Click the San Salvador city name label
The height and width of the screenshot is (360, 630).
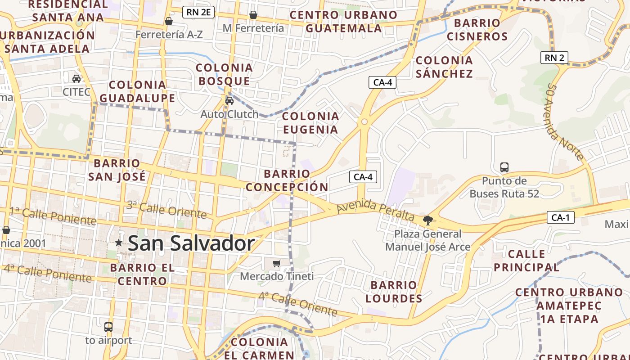click(x=191, y=243)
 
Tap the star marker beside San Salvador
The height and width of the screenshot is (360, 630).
click(x=119, y=243)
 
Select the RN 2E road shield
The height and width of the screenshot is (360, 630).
click(x=198, y=12)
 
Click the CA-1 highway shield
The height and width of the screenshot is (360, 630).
click(x=561, y=218)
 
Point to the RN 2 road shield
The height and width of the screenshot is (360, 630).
click(x=554, y=58)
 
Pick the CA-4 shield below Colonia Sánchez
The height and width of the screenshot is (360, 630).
click(x=382, y=82)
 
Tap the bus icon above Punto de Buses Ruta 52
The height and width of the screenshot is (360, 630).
click(x=504, y=167)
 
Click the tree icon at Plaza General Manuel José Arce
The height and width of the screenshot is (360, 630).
click(x=427, y=220)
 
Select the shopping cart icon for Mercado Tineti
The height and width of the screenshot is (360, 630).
click(x=276, y=263)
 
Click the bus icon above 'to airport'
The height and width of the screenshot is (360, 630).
click(x=108, y=327)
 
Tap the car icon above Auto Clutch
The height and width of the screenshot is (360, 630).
click(x=229, y=100)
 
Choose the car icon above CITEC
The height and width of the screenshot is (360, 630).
click(x=76, y=79)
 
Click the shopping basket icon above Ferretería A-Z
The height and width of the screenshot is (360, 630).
click(x=169, y=21)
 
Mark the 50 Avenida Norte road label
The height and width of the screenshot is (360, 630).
click(x=566, y=121)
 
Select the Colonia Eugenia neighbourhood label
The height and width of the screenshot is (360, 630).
click(x=310, y=123)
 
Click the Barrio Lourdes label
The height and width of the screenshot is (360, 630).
click(x=394, y=292)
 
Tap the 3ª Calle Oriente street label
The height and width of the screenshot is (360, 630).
click(x=166, y=209)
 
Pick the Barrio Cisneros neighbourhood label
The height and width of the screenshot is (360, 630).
click(x=477, y=30)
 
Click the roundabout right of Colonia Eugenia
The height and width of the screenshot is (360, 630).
click(x=364, y=121)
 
